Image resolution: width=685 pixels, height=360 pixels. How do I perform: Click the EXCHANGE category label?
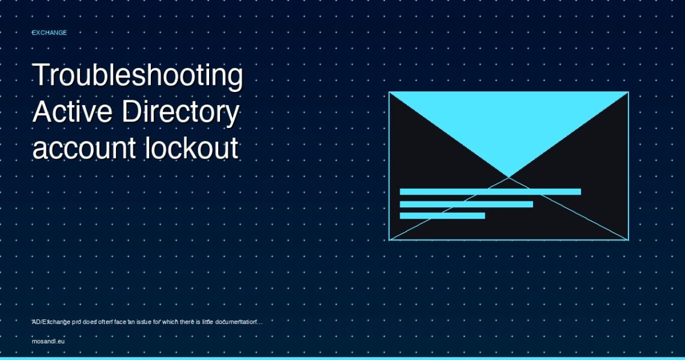[x=49, y=32]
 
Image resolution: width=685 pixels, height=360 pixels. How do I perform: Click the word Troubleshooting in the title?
[x=138, y=75]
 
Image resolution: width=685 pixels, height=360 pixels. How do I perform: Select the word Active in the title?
[x=72, y=111]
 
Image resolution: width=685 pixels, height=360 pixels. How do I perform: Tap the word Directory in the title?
[x=180, y=112]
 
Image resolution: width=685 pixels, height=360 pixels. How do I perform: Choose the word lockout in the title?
[x=192, y=147]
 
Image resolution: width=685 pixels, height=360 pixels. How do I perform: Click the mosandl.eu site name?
[x=48, y=341]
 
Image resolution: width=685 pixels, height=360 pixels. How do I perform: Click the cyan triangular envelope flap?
[x=508, y=127]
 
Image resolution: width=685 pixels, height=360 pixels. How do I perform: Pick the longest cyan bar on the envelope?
[x=490, y=191]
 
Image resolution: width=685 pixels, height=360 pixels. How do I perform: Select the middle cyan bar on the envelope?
[x=466, y=204]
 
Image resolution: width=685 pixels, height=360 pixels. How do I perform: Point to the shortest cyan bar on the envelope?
[x=442, y=215]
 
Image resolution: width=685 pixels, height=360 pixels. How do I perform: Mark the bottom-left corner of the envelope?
[x=389, y=240]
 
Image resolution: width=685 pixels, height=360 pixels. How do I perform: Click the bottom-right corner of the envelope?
[x=628, y=240]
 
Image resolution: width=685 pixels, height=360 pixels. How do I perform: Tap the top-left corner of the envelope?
[x=389, y=92]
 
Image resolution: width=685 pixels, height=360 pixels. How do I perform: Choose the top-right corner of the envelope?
[x=628, y=92]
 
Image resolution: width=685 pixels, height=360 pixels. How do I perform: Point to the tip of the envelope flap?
[x=509, y=177]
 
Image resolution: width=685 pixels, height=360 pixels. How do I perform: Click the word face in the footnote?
[x=120, y=322]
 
